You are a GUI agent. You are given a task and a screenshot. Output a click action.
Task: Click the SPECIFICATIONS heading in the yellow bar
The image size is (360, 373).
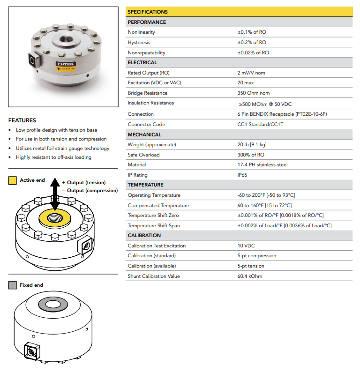click(148, 12)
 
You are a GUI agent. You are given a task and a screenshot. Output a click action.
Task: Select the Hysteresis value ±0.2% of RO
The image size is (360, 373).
click(253, 43)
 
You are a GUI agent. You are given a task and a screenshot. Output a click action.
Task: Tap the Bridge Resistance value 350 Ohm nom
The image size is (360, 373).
click(254, 93)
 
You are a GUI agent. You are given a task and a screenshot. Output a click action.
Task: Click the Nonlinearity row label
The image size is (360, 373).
click(141, 32)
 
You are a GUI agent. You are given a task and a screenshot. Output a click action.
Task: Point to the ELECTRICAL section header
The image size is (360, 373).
click(142, 63)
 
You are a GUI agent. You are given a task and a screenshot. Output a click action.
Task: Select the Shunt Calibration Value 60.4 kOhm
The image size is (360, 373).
click(250, 276)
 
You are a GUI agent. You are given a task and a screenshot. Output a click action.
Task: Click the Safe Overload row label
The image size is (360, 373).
click(143, 155)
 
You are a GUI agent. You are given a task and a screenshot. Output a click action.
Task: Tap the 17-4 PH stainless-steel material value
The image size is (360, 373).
click(262, 165)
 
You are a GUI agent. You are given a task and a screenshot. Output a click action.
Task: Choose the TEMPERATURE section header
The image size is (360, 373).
click(145, 185)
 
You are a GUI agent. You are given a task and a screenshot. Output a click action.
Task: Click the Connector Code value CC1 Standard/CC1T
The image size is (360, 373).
click(261, 125)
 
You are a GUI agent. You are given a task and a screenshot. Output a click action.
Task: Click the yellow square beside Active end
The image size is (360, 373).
click(13, 180)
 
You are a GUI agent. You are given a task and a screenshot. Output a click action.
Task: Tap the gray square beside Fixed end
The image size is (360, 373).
click(13, 285)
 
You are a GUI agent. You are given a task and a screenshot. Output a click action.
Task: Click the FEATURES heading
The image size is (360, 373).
click(22, 120)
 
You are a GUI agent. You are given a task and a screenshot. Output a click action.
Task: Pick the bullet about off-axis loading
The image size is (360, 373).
click(53, 157)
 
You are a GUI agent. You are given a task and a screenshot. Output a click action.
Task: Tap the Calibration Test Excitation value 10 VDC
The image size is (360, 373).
click(246, 246)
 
